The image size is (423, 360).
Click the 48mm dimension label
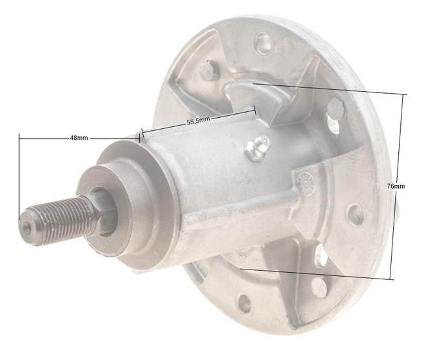point(79,138)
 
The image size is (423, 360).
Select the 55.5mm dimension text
point(198,121)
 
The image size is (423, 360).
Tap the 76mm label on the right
point(395,186)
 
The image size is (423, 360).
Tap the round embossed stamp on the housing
point(305,181)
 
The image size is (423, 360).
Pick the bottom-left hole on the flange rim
point(244,301)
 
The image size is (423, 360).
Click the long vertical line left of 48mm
point(20,176)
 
